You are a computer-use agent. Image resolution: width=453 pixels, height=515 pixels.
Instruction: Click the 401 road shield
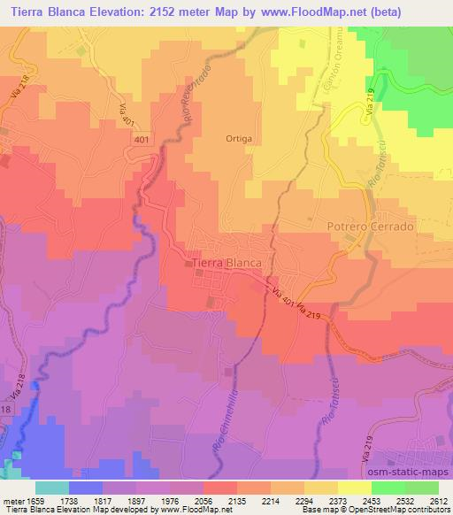click(142, 140)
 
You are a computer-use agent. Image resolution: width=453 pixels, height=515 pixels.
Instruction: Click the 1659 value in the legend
click(35, 499)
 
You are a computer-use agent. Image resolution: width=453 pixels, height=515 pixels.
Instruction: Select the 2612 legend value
click(438, 499)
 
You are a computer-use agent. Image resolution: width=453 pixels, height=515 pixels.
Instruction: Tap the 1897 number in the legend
click(135, 499)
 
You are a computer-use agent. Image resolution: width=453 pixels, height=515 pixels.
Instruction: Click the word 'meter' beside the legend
click(12, 499)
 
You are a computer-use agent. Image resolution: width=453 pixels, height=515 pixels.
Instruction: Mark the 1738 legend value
click(68, 499)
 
